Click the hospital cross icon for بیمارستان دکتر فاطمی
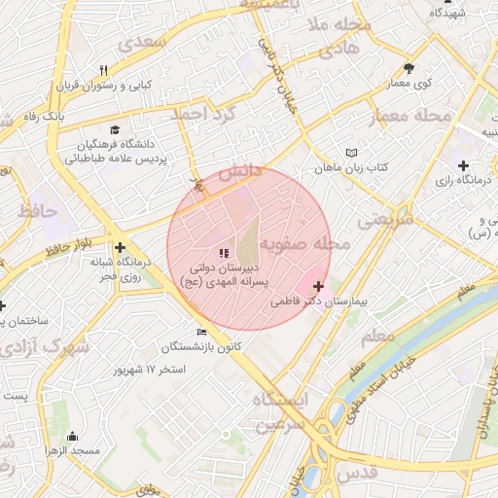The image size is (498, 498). (x=318, y=287)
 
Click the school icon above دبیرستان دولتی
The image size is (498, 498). (x=225, y=253)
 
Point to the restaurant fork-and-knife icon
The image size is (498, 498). (x=103, y=70)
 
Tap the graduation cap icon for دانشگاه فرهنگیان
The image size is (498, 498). (x=115, y=129)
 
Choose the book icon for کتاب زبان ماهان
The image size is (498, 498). (x=351, y=153)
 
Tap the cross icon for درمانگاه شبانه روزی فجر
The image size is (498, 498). (x=120, y=248)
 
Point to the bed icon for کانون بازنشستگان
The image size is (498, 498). (x=201, y=332)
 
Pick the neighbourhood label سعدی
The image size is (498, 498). (x=142, y=44)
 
